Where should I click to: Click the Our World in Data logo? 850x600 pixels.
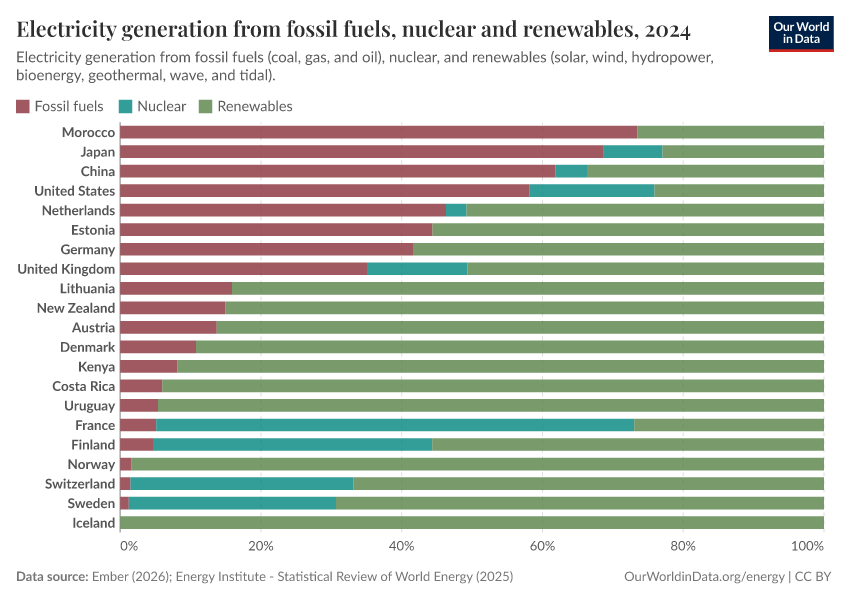[x=800, y=33]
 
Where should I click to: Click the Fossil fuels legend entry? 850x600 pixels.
[x=60, y=106]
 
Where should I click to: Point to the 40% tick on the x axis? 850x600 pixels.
[x=401, y=546]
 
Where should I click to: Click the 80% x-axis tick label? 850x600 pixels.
[x=683, y=546]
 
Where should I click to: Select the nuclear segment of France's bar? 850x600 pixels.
[x=395, y=425]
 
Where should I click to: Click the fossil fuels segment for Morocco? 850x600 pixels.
[x=378, y=132]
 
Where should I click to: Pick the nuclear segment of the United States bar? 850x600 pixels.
[x=591, y=191]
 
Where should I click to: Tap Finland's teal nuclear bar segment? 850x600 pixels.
[x=293, y=445]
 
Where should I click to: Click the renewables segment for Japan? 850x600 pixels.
[x=743, y=152]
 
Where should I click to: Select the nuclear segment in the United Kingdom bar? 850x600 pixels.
[x=417, y=269]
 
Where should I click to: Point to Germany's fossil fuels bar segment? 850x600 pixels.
[x=266, y=249]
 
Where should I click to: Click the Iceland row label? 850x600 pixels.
[x=93, y=523]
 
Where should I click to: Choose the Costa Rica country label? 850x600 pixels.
[x=84, y=386]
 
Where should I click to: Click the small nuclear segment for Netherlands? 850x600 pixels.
[x=456, y=210]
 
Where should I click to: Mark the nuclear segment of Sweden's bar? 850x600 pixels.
[x=232, y=503]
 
